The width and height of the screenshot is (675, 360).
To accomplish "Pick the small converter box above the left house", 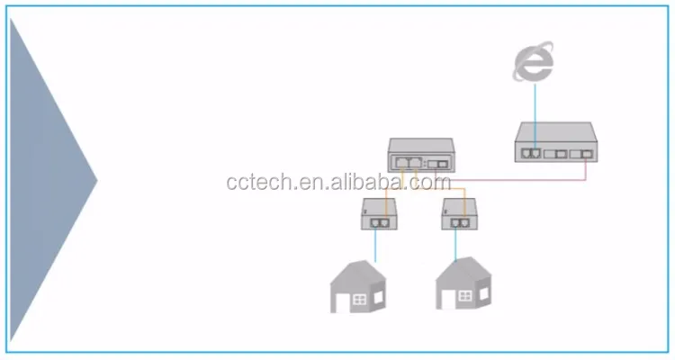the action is coord(379,215).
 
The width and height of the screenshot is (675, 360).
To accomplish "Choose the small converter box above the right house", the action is coord(460,215).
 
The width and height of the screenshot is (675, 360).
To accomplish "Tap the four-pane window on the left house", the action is coord(359,298).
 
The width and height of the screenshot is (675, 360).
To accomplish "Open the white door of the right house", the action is coord(442,299).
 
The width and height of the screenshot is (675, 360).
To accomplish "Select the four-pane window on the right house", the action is coord(465,296).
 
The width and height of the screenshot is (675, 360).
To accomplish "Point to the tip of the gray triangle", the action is coord(95,179).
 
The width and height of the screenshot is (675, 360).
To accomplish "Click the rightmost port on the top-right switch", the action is coord(585,154).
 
